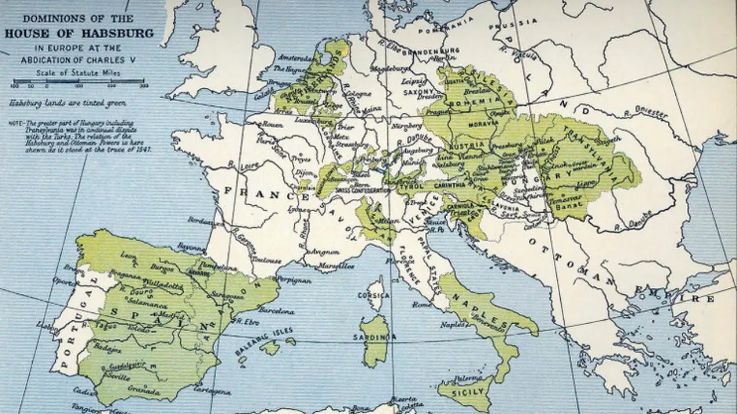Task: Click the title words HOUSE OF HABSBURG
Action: tap(79, 33)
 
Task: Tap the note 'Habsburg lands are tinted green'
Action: tap(67, 103)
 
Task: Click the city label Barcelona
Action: tap(276, 311)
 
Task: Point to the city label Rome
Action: tap(422, 304)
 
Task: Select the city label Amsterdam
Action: tap(295, 57)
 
